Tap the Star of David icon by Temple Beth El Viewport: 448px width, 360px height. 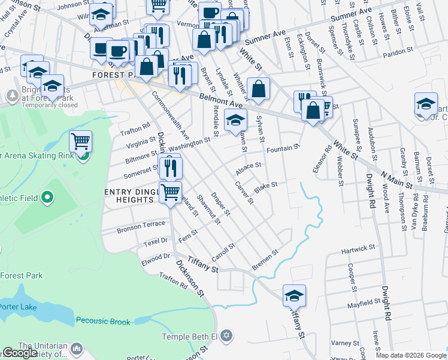226,334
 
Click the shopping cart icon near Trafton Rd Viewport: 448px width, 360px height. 80,142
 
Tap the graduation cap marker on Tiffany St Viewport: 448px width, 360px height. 294,295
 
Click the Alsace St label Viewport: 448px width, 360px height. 249,166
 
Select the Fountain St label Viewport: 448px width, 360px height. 283,148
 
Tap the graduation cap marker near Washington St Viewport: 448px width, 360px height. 235,120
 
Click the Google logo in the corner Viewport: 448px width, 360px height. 20,353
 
